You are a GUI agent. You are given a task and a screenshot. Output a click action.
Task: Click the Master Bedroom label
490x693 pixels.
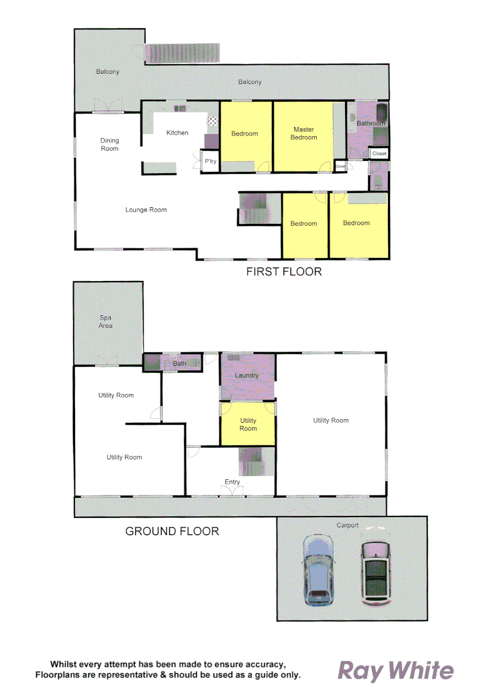click(x=303, y=133)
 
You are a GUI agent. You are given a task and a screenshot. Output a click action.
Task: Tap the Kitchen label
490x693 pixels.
click(x=178, y=133)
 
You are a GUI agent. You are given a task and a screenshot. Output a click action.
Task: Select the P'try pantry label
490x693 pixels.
click(x=210, y=162)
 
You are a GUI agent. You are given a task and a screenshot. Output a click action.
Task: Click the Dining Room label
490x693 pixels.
click(x=110, y=144)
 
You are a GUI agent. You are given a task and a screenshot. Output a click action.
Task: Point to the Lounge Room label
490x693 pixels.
click(x=146, y=210)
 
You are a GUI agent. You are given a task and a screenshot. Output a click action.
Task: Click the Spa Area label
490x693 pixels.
click(x=105, y=321)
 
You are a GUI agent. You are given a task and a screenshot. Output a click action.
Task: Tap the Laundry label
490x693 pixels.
click(x=247, y=375)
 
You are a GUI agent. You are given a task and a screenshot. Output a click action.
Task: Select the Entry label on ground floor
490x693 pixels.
click(x=232, y=482)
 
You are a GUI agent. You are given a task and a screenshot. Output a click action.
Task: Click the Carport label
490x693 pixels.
click(x=348, y=525)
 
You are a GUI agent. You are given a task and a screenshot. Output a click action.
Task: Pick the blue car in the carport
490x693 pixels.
click(x=319, y=569)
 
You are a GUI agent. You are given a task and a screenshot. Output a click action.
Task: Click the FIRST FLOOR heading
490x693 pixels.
click(x=283, y=271)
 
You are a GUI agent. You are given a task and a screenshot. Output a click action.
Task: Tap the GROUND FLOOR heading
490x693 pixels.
click(x=172, y=531)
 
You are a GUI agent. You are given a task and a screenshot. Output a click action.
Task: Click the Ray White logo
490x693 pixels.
click(x=395, y=671)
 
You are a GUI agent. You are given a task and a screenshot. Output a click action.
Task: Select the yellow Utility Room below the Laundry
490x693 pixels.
click(x=248, y=424)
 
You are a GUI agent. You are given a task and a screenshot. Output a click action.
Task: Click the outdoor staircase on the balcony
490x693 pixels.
click(x=183, y=53)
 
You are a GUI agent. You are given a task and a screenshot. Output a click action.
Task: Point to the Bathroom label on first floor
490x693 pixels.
click(x=371, y=123)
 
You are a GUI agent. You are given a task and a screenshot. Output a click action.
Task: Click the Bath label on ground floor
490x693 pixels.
click(x=180, y=364)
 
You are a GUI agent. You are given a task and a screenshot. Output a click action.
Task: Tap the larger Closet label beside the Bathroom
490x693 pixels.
click(x=380, y=153)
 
